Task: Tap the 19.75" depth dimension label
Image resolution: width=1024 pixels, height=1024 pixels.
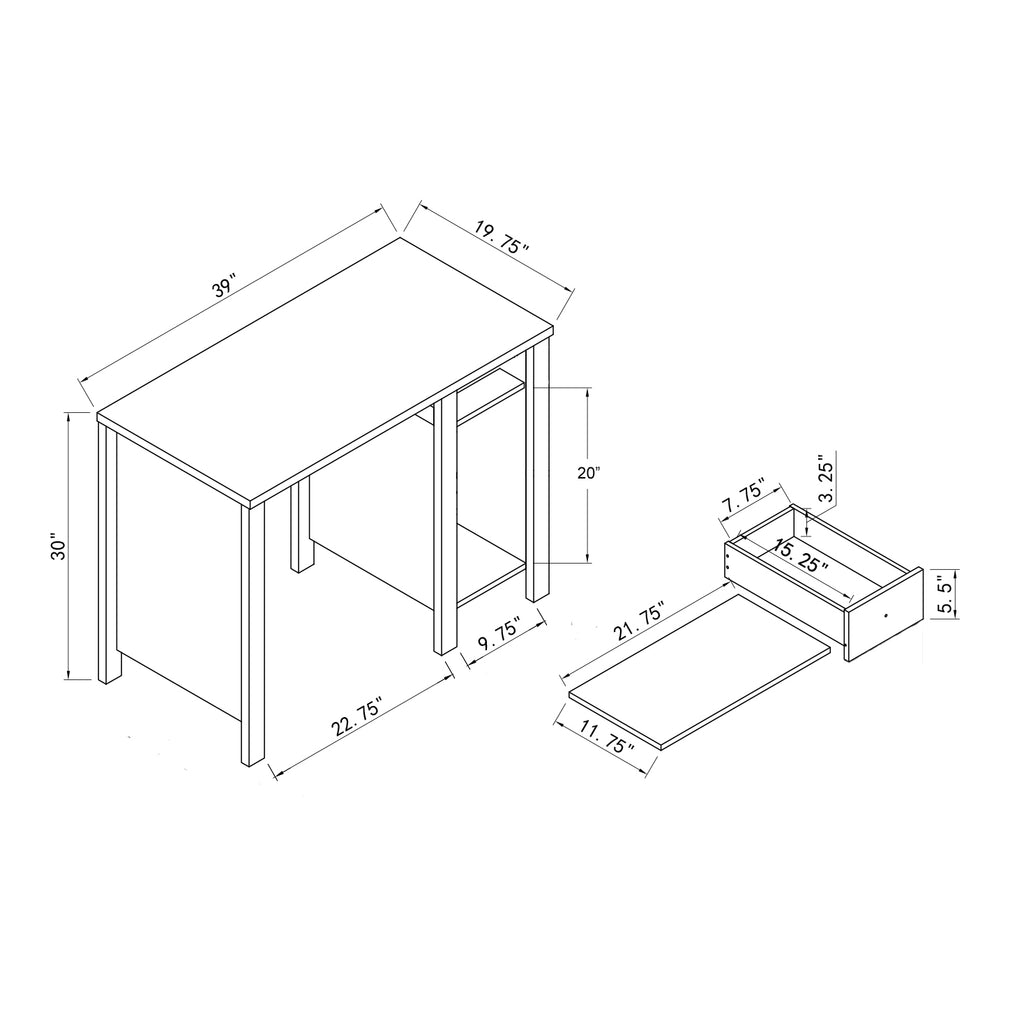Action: pos(501,238)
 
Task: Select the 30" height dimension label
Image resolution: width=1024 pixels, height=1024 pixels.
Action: pos(59,549)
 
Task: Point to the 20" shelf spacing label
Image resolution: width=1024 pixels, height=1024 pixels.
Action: pos(588,473)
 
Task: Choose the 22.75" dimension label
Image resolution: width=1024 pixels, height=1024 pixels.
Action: pos(356,716)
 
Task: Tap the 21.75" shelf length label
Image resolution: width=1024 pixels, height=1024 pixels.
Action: pos(639,621)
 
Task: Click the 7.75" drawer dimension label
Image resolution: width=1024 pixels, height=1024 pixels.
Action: pos(743,498)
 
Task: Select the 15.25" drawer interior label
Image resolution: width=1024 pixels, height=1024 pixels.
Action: pos(801,556)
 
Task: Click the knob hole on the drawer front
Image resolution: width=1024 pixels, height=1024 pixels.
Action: pos(886,615)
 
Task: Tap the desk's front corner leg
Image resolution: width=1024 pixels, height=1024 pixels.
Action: pos(253,633)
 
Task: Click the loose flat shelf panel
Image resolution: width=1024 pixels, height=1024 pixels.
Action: pos(699,671)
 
